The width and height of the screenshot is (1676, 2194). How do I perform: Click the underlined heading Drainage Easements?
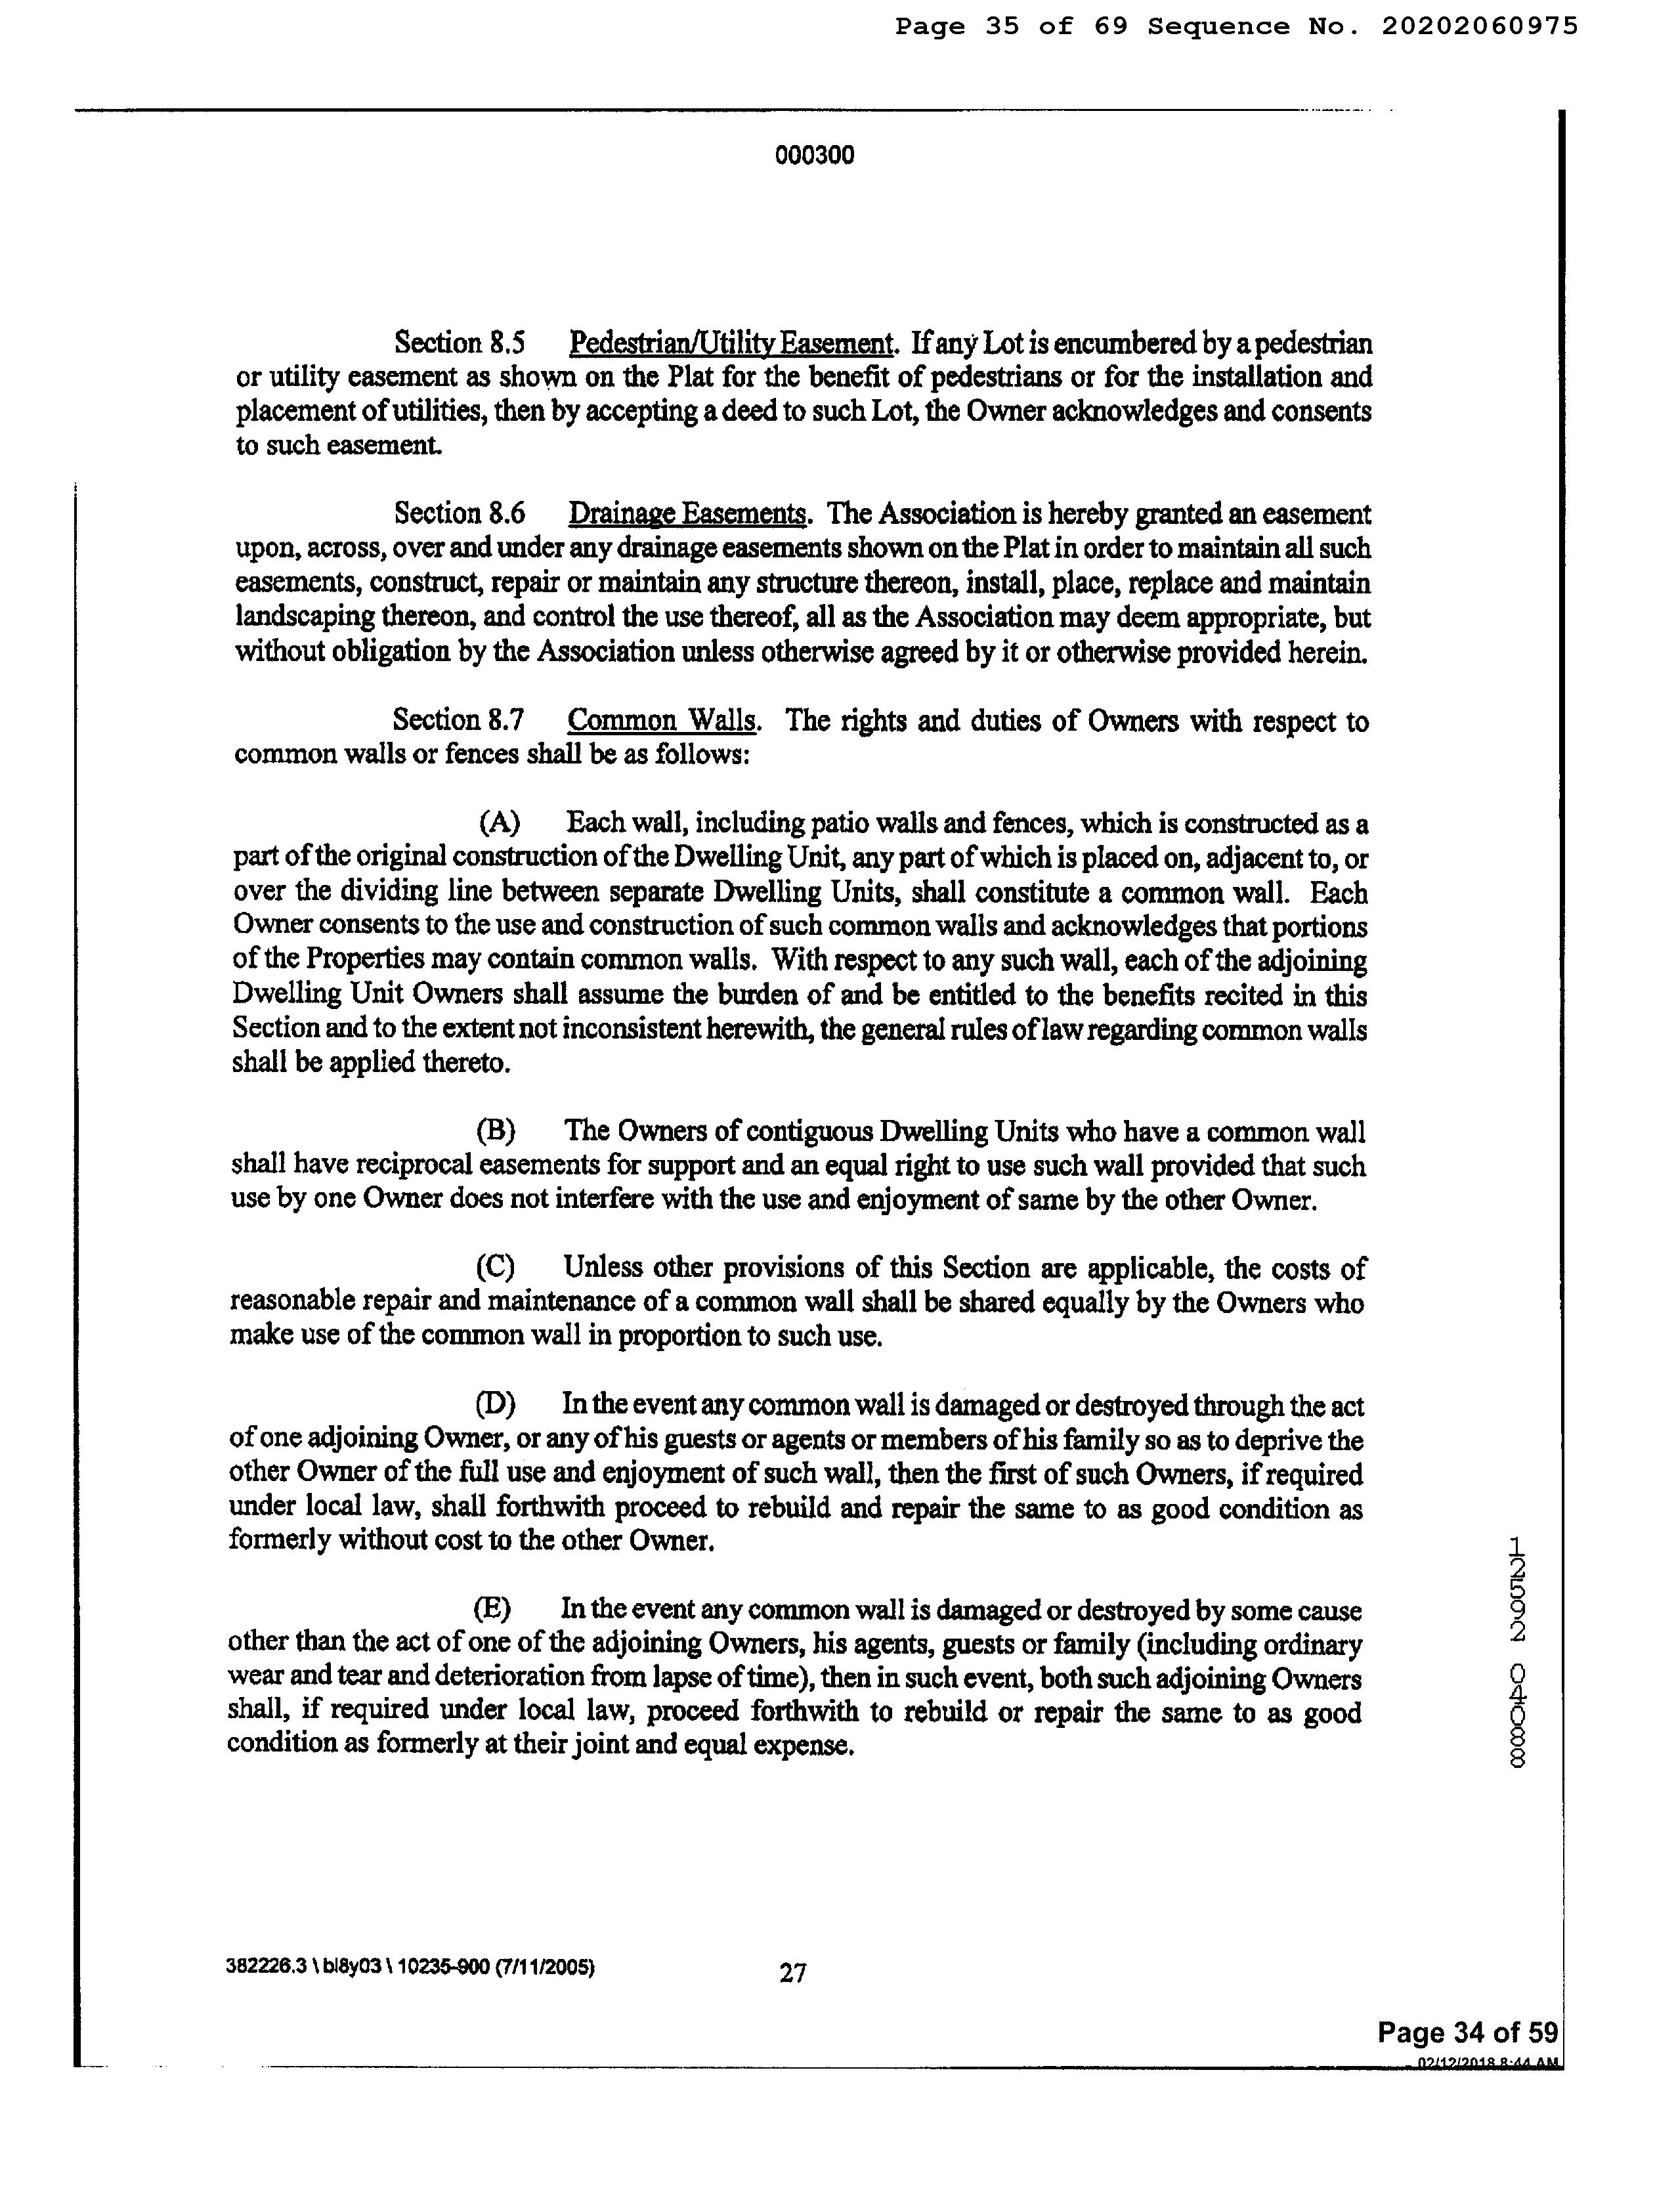(x=687, y=515)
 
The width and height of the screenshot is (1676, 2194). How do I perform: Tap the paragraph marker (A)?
(x=499, y=823)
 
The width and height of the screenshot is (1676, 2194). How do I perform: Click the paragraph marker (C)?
(x=495, y=1268)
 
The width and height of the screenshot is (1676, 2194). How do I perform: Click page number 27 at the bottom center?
(x=792, y=1973)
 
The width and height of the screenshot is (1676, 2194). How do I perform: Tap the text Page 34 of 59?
(x=1467, y=2033)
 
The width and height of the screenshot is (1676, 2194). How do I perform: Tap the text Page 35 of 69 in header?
(x=1010, y=27)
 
